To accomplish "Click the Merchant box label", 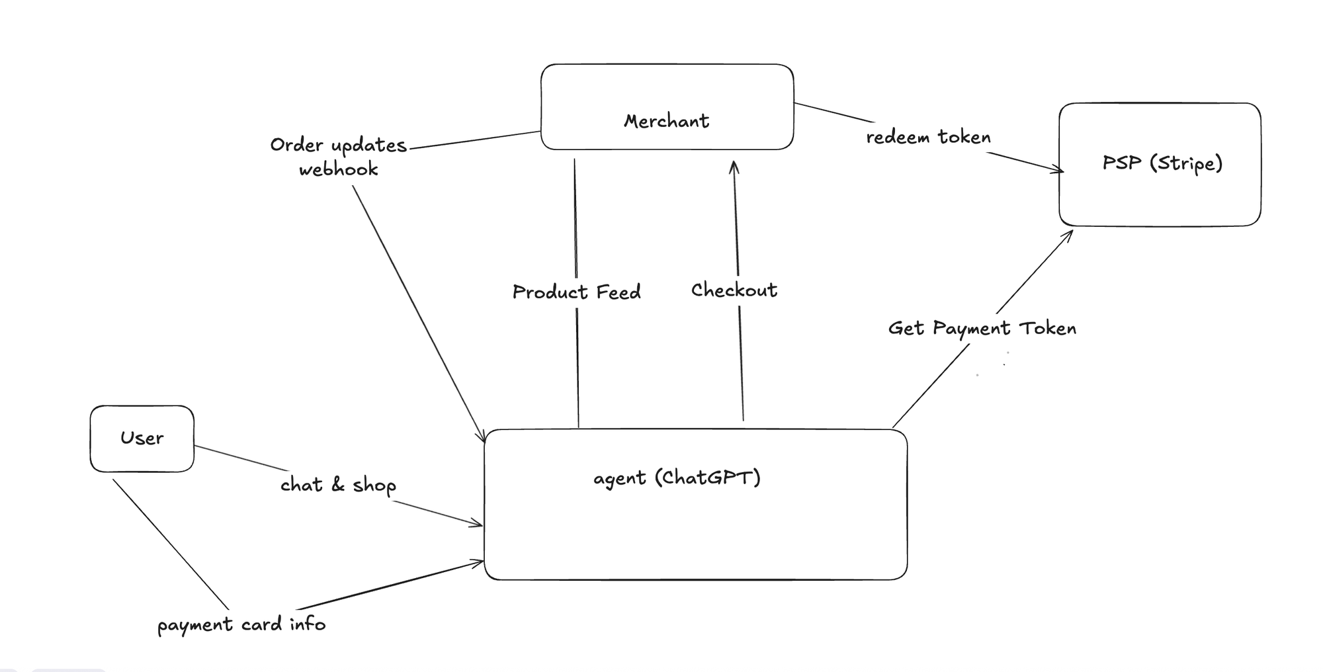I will (666, 121).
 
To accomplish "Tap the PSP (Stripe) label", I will (1162, 163).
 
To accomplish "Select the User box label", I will (142, 438).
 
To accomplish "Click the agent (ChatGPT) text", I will (677, 478).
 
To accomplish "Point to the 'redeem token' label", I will (928, 138).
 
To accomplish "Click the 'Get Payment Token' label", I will (982, 329).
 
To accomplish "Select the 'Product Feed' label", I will (576, 292).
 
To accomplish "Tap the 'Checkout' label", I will (734, 290).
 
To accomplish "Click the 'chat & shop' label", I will (338, 485).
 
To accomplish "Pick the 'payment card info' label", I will (241, 624).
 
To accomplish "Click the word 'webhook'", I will (338, 170).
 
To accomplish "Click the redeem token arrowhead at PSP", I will (1060, 171).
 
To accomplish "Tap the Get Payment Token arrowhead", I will (1069, 233).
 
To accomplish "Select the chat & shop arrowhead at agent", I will (480, 525).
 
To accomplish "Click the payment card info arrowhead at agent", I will (480, 563).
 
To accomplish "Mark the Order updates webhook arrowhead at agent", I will (484, 439).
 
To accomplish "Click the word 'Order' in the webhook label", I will (296, 145).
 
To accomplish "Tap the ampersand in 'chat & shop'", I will (338, 485).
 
